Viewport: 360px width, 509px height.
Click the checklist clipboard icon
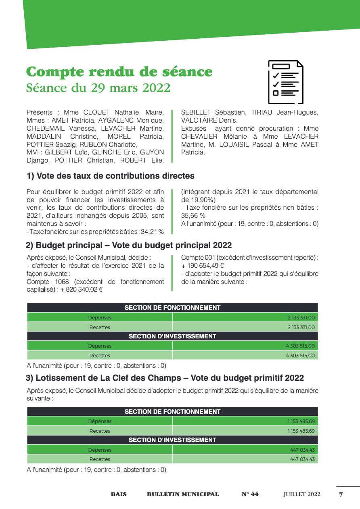[x=286, y=82]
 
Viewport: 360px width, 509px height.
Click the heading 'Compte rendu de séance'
[x=119, y=72]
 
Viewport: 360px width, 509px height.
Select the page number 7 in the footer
[x=341, y=494]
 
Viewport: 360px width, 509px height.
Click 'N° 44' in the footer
[x=250, y=494]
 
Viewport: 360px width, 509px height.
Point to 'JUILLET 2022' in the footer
[x=301, y=494]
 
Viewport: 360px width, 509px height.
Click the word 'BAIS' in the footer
[x=119, y=494]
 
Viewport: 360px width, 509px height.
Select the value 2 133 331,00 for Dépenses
[x=301, y=318]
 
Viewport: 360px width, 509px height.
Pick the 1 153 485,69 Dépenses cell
[x=301, y=421]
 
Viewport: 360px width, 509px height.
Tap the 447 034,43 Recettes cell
[x=303, y=459]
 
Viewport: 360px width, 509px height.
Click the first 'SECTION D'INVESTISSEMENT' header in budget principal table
[x=172, y=336]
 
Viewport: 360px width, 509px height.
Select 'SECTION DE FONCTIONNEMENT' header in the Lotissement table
[x=172, y=412]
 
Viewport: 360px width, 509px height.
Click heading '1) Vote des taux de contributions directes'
[x=110, y=176]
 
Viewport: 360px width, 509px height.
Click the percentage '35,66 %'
[x=193, y=216]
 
